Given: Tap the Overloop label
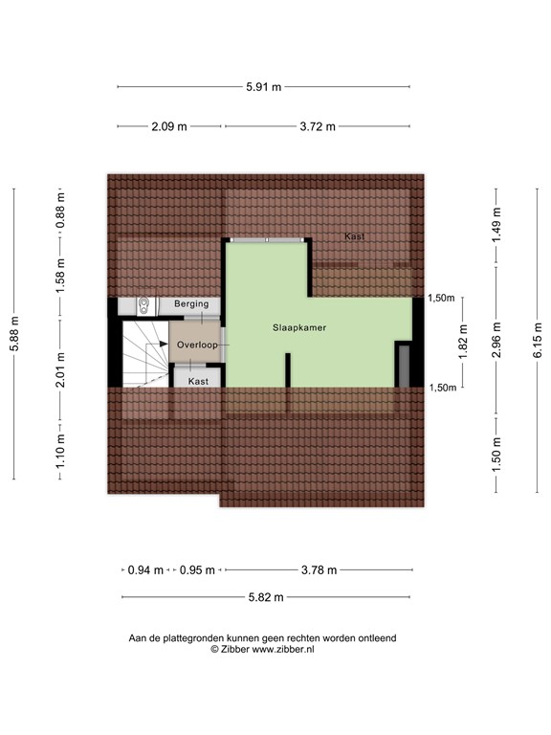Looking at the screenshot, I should point(197,344).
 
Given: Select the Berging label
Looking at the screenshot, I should point(191,304).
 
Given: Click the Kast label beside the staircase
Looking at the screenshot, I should point(198,381).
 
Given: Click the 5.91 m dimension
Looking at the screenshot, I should point(264,87).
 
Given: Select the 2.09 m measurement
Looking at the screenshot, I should point(168,126).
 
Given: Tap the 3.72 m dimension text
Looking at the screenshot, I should point(318,126).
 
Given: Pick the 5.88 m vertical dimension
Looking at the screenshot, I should point(14,334).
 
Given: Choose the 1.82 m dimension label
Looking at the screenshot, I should point(463,342).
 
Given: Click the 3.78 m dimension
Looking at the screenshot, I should point(319,570).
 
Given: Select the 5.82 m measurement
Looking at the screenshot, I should point(265,598).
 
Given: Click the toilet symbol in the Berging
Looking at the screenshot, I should point(143,306).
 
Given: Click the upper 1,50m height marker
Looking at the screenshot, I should point(440,299).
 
